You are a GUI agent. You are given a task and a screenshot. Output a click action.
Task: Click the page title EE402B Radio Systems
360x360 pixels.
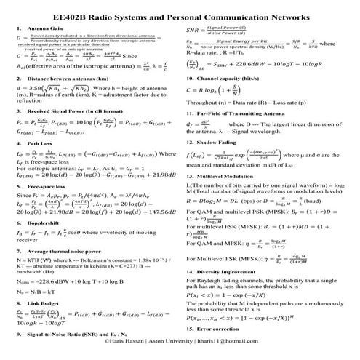179,13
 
